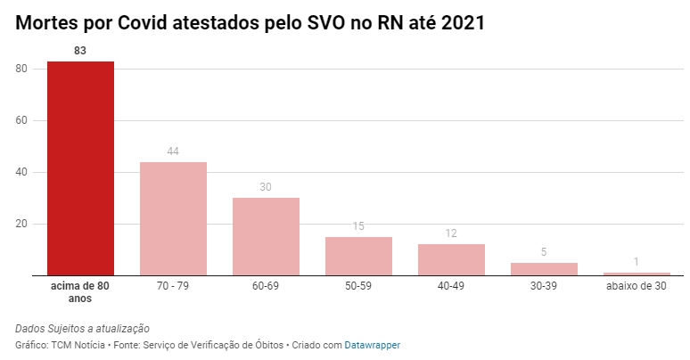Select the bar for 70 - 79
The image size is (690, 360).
[x=173, y=218]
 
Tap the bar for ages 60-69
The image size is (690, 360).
[x=266, y=236]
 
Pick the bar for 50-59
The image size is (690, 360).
[x=358, y=256]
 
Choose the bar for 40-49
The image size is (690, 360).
[x=451, y=259]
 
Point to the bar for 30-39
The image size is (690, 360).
[x=544, y=268]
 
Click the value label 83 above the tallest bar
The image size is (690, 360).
[x=80, y=51]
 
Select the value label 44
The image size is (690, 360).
[x=173, y=151]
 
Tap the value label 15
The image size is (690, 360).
[x=358, y=226]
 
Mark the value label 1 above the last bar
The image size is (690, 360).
[x=637, y=262]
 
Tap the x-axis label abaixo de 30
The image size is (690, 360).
[x=637, y=287]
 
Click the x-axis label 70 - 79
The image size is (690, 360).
[x=173, y=287]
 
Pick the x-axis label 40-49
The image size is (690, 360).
[x=451, y=287]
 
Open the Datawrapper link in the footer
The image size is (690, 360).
[x=373, y=344]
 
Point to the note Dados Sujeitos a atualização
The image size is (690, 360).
[x=82, y=328]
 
